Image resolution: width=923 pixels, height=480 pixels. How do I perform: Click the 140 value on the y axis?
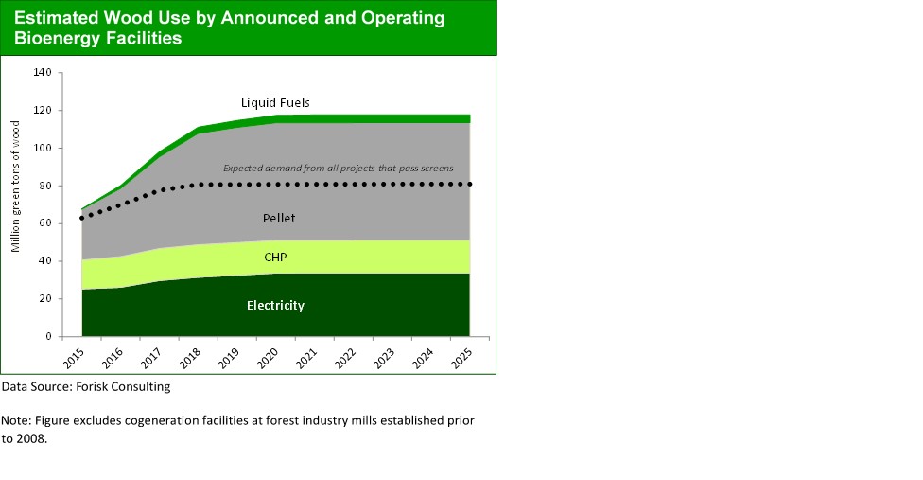point(42,72)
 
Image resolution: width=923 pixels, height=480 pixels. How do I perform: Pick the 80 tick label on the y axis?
point(44,186)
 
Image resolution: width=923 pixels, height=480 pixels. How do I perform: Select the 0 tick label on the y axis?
point(47,336)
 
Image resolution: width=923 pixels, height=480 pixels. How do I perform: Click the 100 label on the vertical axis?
point(42,148)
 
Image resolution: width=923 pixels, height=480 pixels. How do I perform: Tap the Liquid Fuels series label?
point(275,102)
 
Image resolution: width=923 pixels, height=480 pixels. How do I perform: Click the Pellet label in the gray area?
point(279,219)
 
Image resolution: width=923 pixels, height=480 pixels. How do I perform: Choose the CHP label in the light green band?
point(276,256)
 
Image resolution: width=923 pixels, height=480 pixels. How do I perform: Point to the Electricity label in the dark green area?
point(274,305)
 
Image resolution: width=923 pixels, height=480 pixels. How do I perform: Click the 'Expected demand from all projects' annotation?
point(338,169)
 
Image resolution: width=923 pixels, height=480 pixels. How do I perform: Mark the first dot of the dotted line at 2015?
point(82,218)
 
